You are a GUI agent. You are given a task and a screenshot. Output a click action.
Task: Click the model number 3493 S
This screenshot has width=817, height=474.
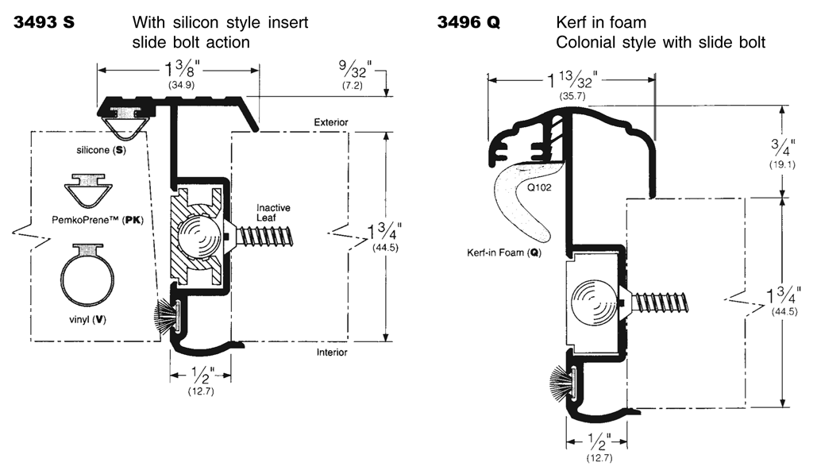(x=44, y=22)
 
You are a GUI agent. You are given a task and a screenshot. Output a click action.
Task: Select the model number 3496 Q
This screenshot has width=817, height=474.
(x=468, y=22)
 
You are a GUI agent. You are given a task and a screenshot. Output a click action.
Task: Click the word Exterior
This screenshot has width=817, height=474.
(x=331, y=122)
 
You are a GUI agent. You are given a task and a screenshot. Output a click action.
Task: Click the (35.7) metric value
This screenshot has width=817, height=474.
(x=572, y=96)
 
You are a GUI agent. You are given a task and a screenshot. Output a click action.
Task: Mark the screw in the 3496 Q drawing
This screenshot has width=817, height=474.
(x=660, y=303)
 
